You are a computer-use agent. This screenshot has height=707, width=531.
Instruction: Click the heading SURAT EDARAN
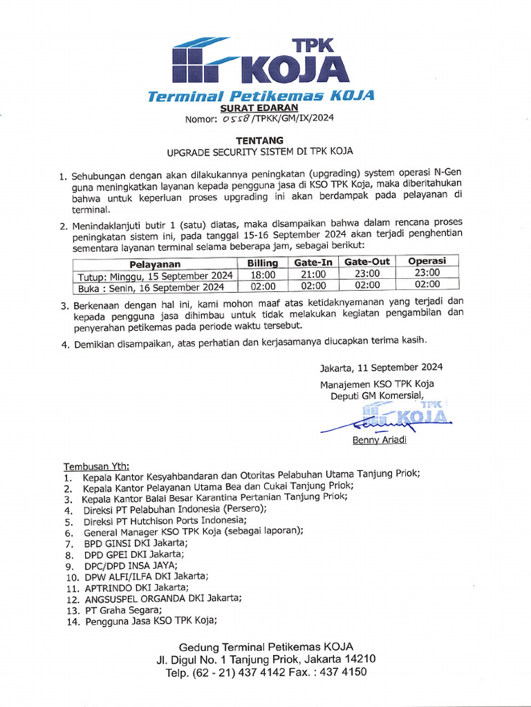click(x=259, y=108)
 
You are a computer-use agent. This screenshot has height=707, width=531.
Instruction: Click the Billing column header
click(x=263, y=263)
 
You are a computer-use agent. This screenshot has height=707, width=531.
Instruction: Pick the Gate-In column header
click(x=313, y=262)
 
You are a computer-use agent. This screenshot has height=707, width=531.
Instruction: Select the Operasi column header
click(x=427, y=261)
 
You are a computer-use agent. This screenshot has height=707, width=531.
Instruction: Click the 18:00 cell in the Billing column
click(x=263, y=275)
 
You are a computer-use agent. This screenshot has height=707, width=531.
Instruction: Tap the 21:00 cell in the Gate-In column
click(x=313, y=274)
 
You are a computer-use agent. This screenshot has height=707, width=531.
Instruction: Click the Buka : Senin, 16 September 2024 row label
click(x=151, y=287)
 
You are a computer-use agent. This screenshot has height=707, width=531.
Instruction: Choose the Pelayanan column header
click(x=155, y=264)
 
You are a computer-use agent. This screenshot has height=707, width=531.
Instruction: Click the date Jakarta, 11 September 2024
click(x=381, y=367)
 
